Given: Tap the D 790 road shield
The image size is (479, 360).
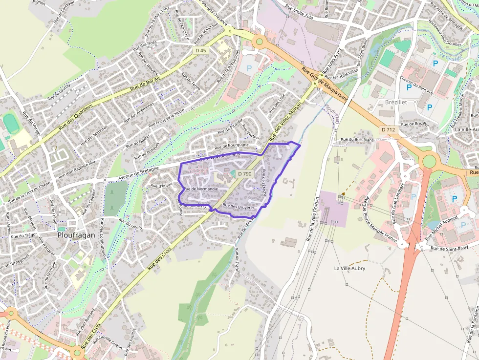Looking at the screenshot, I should (x=244, y=174).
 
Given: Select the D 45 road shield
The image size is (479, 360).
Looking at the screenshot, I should (x=201, y=50).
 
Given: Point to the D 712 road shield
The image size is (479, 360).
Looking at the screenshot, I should (x=389, y=130).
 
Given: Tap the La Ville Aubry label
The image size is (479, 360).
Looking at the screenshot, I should (x=349, y=268).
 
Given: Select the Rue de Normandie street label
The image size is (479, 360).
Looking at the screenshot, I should (x=201, y=189).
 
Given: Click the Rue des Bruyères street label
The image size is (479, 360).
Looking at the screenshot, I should (x=239, y=207).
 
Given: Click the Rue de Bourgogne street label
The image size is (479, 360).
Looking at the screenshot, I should (x=232, y=145).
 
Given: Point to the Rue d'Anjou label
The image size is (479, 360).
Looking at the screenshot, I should (x=161, y=185).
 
